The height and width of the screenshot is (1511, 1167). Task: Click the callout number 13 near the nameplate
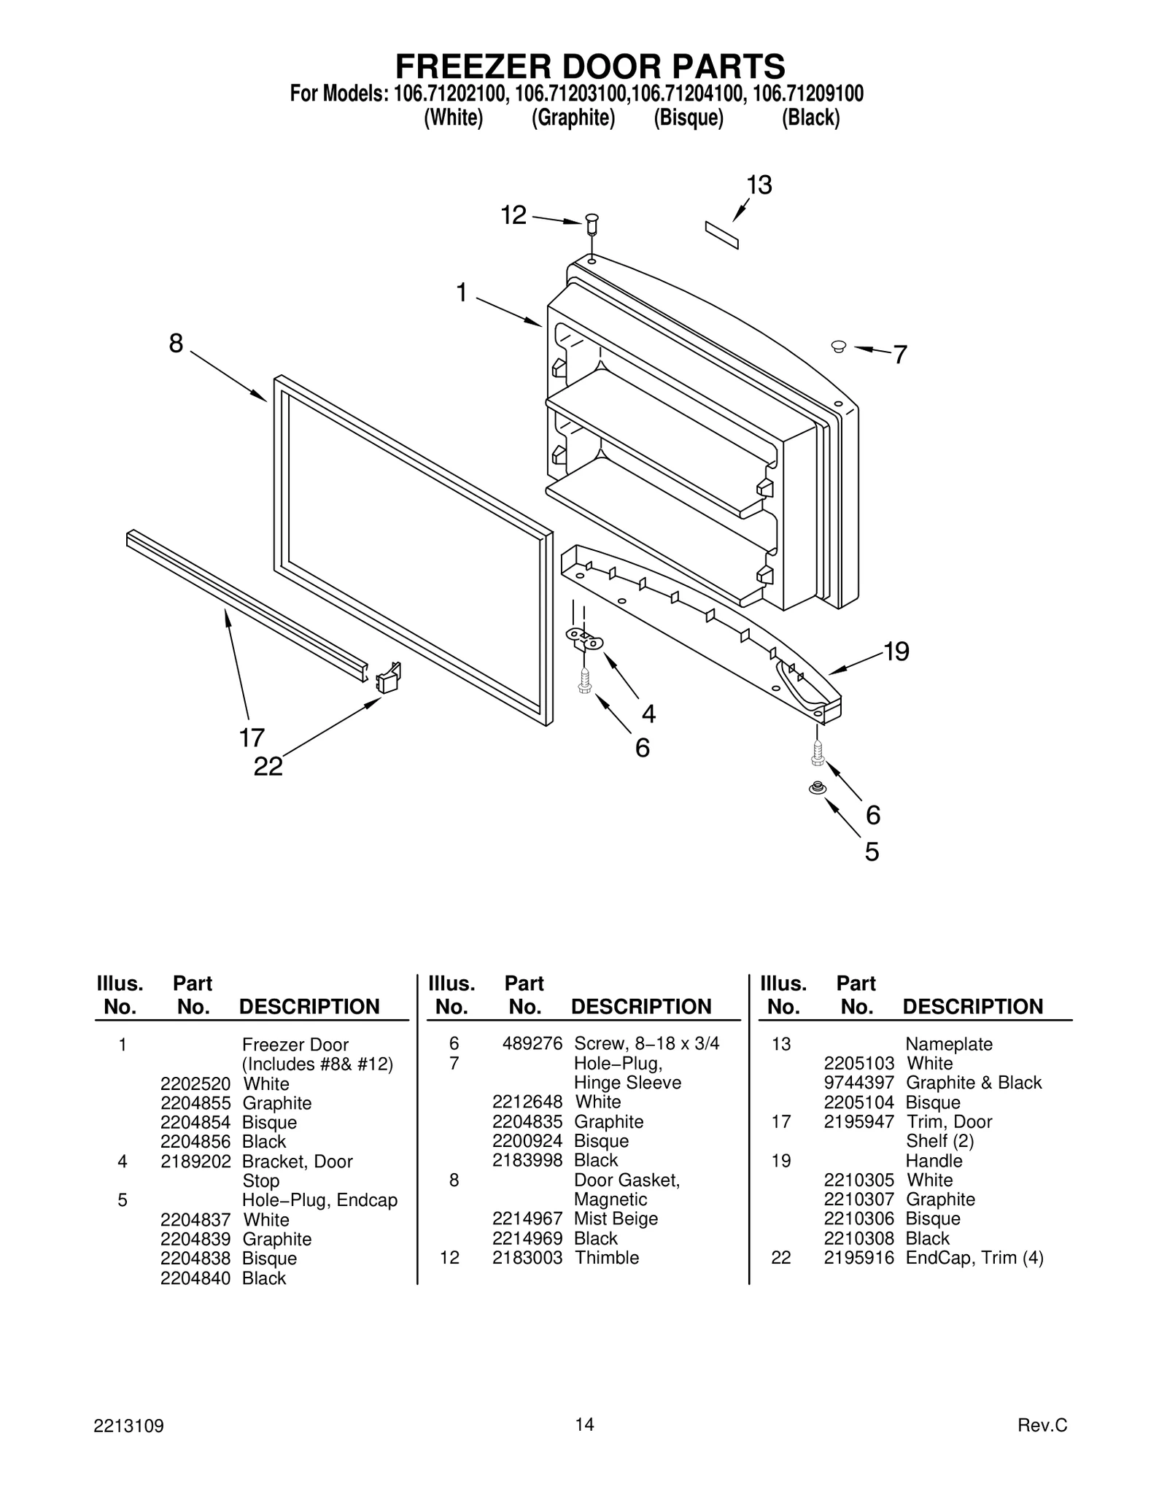point(759,185)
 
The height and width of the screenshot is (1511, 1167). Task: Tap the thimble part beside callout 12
point(592,223)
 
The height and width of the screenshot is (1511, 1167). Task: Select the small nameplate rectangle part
point(721,235)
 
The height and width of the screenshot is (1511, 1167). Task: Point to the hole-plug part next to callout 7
point(838,346)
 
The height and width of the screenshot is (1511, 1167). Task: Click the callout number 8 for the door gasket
point(176,343)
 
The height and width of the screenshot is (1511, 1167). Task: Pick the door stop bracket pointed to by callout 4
point(585,640)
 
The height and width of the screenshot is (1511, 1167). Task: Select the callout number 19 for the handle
point(896,651)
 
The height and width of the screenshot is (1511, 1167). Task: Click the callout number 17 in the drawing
point(252,738)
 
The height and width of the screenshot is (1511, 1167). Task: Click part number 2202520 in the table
point(195,1083)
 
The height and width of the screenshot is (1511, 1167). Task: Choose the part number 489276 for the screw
point(532,1043)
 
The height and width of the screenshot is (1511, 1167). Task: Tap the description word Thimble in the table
point(606,1257)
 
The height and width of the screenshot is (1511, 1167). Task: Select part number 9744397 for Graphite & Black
point(858,1083)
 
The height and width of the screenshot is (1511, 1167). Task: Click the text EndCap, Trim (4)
point(974,1257)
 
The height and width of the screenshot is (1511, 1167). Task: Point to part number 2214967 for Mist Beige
point(527,1218)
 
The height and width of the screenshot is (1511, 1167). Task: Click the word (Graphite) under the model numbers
point(573,117)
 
